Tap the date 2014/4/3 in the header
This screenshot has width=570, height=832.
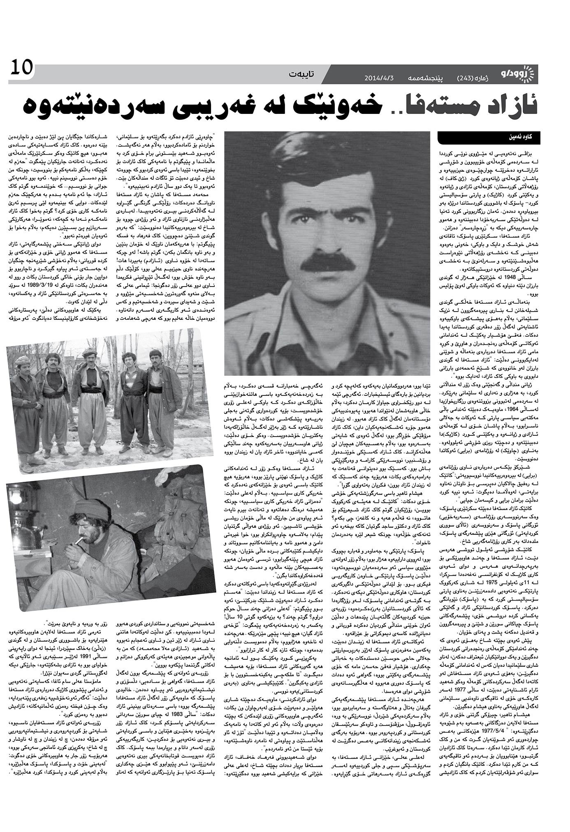pos(380,78)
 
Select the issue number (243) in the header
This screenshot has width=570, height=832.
pos(466,78)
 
